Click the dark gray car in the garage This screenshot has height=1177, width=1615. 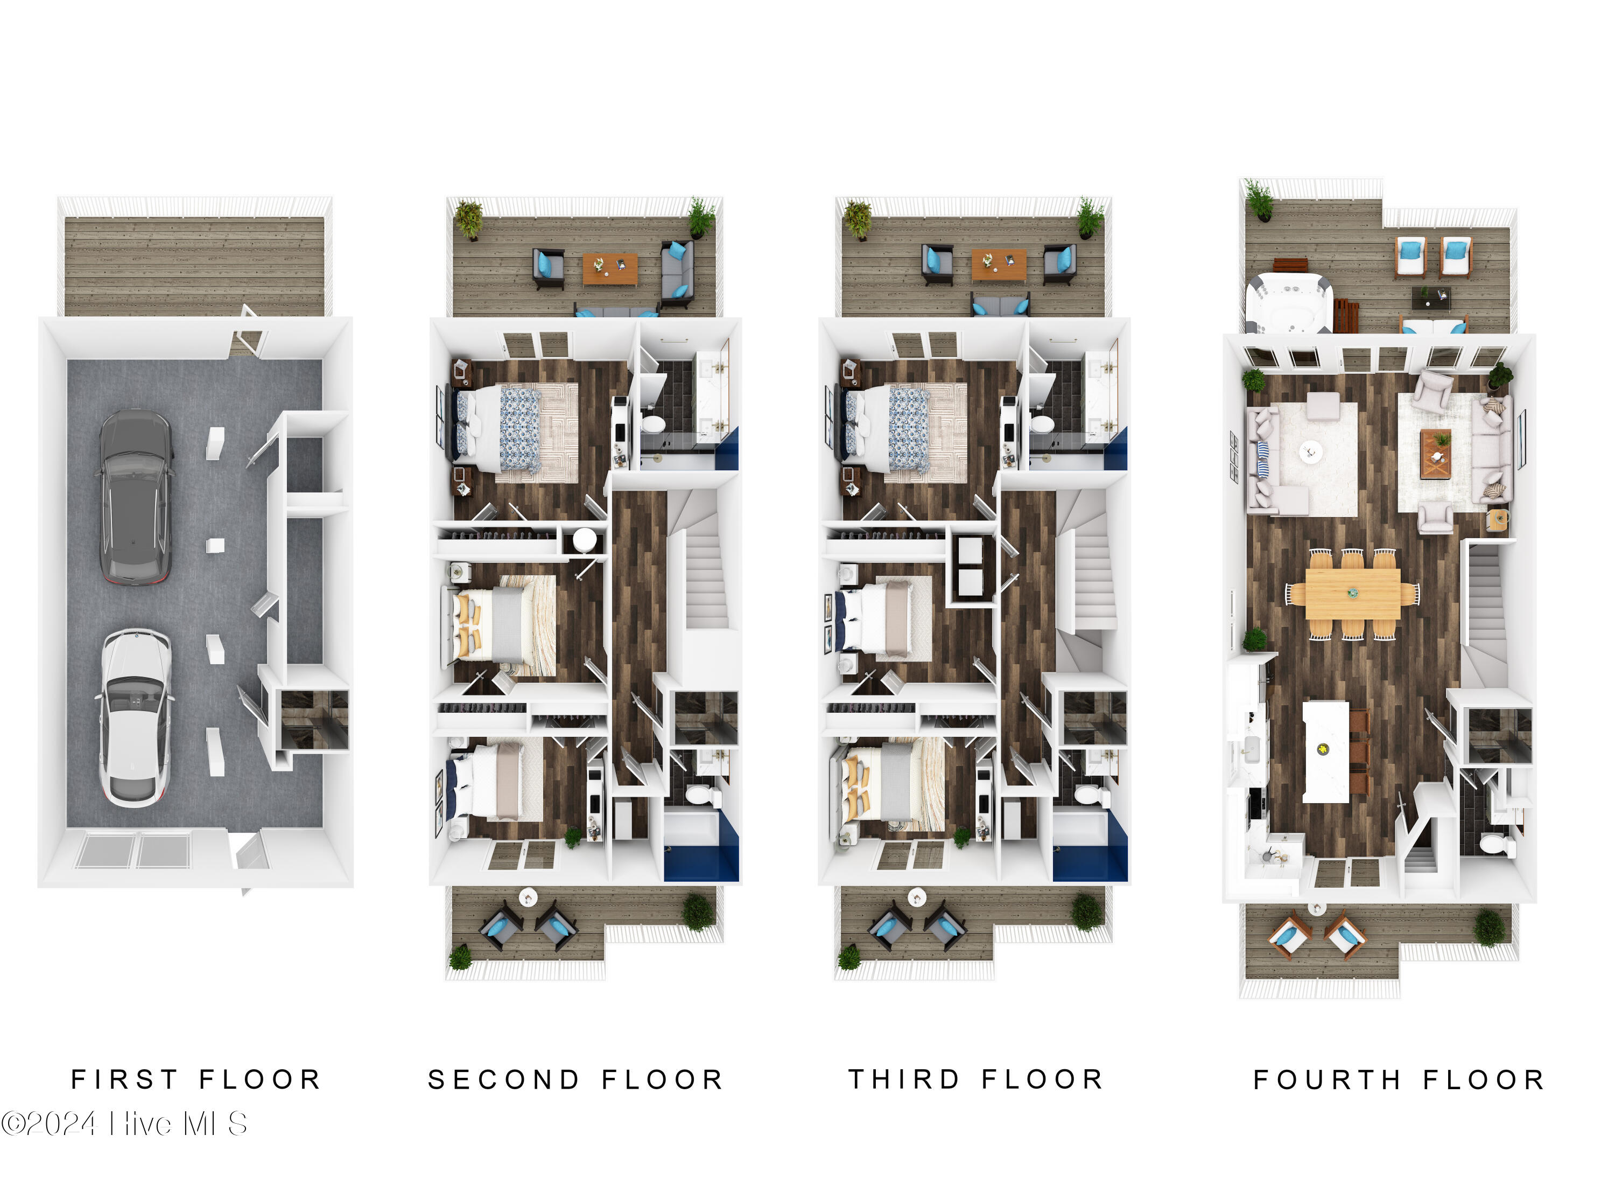[135, 497]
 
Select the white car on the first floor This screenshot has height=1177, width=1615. [135, 718]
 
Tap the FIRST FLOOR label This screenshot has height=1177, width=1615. [196, 1080]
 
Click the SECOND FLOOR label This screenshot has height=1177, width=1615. [575, 1080]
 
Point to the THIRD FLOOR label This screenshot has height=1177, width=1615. [975, 1080]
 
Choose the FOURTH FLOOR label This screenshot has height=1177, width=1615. [1399, 1080]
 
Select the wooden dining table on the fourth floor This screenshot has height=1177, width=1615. [1352, 594]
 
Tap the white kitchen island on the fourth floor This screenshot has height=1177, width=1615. [1326, 751]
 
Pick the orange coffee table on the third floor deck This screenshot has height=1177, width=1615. [999, 264]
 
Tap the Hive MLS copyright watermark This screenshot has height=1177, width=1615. [124, 1124]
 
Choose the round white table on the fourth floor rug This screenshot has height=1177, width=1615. [1311, 451]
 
